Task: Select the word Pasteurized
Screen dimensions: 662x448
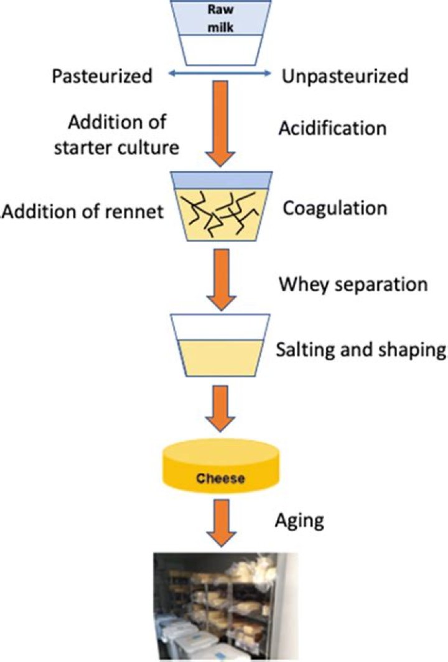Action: click(x=102, y=76)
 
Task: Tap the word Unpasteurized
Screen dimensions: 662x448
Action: click(x=345, y=76)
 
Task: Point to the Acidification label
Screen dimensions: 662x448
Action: click(x=333, y=128)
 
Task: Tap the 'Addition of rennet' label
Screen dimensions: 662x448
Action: click(x=83, y=212)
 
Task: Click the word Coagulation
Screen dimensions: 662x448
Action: click(x=335, y=208)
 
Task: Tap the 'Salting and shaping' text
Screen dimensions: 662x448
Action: click(x=361, y=350)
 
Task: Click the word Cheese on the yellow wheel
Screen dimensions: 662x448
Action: click(x=223, y=479)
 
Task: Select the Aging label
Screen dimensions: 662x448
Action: click(x=300, y=520)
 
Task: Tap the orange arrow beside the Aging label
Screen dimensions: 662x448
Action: click(x=222, y=525)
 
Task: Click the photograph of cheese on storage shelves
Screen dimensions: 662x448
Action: click(x=222, y=606)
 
